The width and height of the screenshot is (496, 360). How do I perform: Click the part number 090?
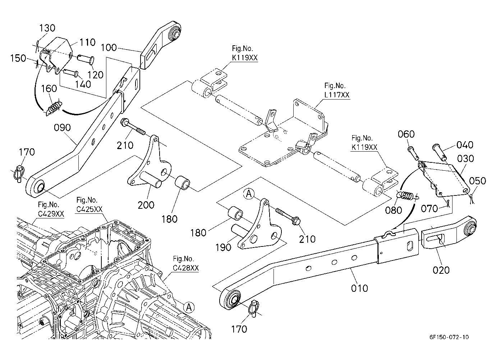click(62, 128)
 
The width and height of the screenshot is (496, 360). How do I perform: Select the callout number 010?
click(359, 288)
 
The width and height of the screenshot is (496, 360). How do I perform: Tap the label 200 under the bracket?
click(146, 205)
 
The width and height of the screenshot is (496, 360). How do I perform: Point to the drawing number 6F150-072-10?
click(449, 337)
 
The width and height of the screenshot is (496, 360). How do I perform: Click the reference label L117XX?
click(337, 95)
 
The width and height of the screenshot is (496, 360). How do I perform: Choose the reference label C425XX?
click(89, 209)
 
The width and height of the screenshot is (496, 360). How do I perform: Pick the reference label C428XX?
click(186, 268)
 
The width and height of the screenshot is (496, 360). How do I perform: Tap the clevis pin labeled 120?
click(86, 59)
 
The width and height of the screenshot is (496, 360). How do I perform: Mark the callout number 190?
click(223, 247)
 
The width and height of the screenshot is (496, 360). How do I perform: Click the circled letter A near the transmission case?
click(189, 307)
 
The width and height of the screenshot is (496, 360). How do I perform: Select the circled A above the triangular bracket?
click(249, 194)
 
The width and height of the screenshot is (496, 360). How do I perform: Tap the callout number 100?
click(109, 47)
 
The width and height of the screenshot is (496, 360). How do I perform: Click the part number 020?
click(441, 270)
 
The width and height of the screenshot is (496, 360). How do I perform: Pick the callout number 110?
click(87, 42)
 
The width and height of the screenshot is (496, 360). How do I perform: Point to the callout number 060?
click(406, 134)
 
